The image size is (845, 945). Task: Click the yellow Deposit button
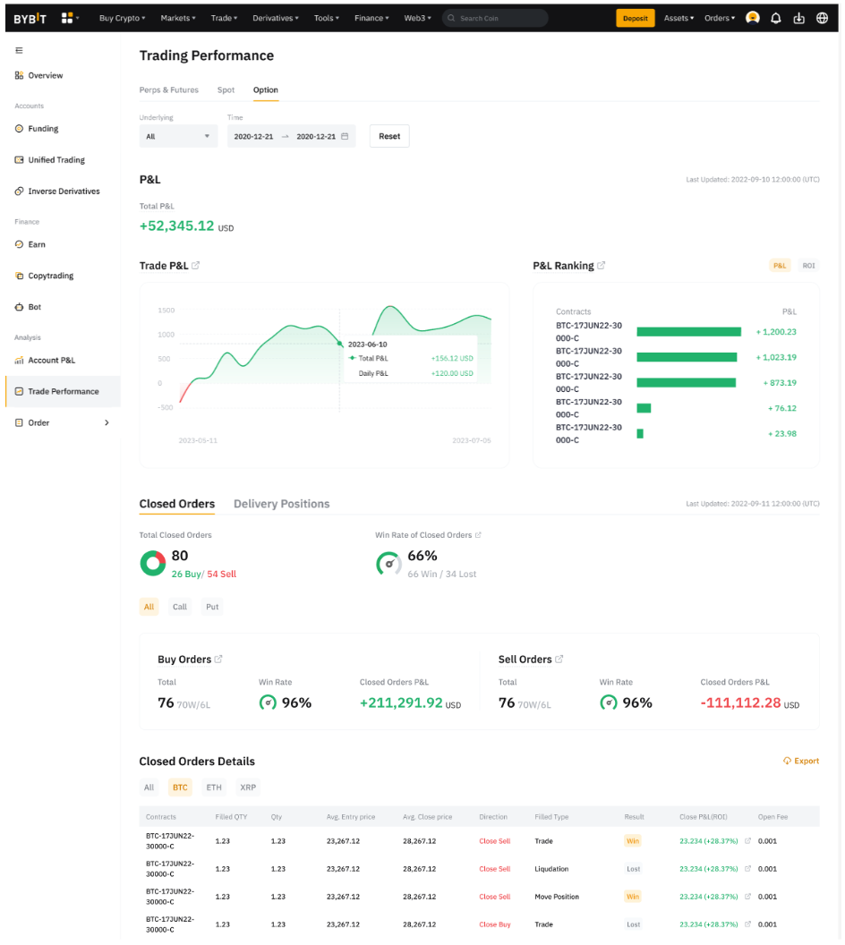point(635,18)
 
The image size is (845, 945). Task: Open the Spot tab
point(226,89)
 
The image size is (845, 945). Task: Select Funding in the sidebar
point(43,129)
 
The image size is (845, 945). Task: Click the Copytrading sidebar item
point(50,276)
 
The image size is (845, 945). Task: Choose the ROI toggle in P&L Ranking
point(808,266)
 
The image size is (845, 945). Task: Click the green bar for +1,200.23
point(688,332)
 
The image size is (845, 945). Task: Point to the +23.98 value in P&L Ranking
point(781,434)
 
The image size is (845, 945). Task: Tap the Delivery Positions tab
point(281,504)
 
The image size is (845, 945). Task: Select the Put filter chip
point(212,607)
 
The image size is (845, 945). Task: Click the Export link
point(801,761)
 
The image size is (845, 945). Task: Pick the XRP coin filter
point(247,787)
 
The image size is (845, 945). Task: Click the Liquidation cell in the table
point(551,869)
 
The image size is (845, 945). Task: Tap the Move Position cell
point(557,897)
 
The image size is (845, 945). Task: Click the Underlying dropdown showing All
point(178,136)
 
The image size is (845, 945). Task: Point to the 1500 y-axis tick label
point(166,311)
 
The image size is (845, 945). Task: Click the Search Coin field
point(497,18)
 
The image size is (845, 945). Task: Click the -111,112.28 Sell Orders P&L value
point(740,703)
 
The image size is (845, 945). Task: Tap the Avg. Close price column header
point(427,817)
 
